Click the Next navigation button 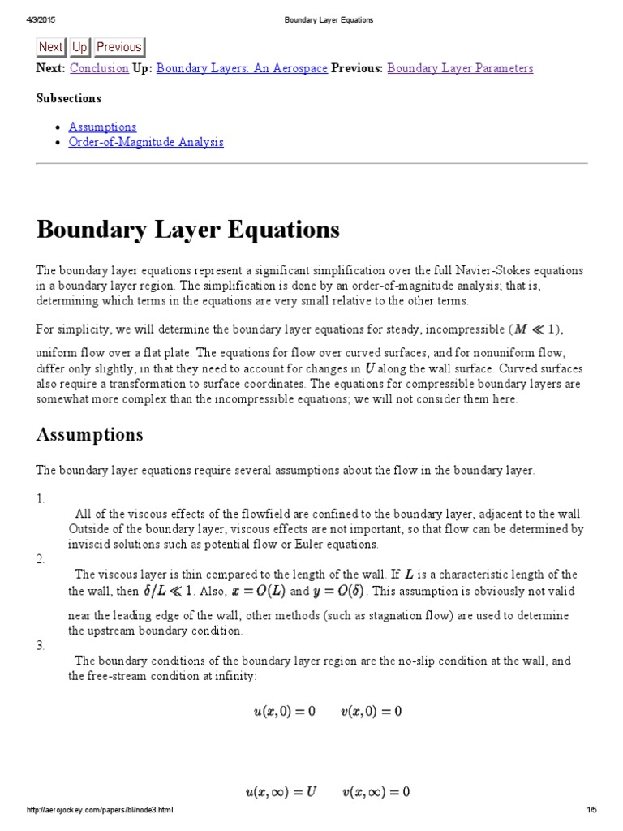coord(50,47)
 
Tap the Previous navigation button coord(118,47)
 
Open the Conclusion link coord(99,68)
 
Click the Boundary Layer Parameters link coord(460,68)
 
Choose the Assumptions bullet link coord(102,127)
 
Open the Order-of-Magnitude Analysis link coord(146,142)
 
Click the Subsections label coord(69,98)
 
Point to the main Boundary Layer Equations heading coord(188,230)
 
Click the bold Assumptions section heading coord(89,434)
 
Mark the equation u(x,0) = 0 coord(284,712)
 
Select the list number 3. coord(41,645)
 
